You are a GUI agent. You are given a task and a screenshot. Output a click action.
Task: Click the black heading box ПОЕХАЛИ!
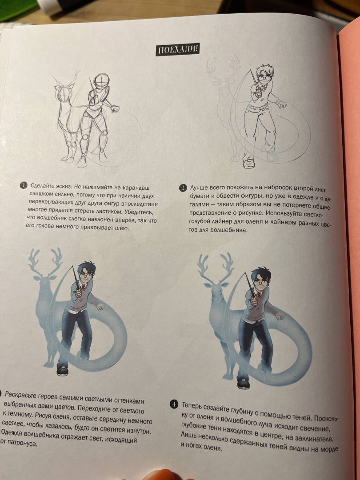coord(177,50)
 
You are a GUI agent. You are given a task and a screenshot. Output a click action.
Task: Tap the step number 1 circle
coord(24,185)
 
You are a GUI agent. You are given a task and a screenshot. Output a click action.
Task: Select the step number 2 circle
coord(183,188)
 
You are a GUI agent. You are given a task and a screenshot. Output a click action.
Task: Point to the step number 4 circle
coord(174,404)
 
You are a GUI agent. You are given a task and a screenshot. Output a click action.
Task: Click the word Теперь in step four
coord(192,406)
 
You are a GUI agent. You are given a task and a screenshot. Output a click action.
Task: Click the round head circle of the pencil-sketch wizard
coord(101,81)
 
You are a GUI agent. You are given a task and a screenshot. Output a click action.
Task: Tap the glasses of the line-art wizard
coord(265,78)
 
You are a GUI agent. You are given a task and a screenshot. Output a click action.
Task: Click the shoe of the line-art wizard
coord(249,163)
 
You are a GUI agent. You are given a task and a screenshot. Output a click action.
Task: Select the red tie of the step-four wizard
coord(259,295)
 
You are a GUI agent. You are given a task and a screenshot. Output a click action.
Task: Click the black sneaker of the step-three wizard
coord(62,370)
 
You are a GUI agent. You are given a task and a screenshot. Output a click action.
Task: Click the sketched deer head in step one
coord(64,93)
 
